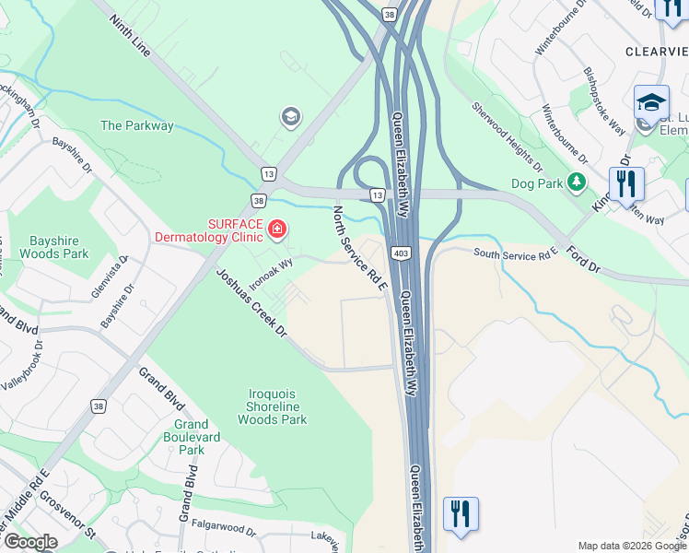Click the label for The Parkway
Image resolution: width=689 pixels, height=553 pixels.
[x=137, y=126]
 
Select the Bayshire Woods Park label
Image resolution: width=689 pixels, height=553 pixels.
[x=53, y=246]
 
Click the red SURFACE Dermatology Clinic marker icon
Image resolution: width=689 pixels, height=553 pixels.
[x=276, y=228]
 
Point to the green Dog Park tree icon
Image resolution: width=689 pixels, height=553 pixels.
[x=578, y=182]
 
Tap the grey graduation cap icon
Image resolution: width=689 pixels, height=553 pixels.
[x=290, y=117]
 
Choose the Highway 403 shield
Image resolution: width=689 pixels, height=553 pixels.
[x=401, y=253]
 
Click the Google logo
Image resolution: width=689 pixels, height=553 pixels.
[x=30, y=542]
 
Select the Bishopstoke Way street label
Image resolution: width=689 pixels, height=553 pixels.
[x=603, y=97]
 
